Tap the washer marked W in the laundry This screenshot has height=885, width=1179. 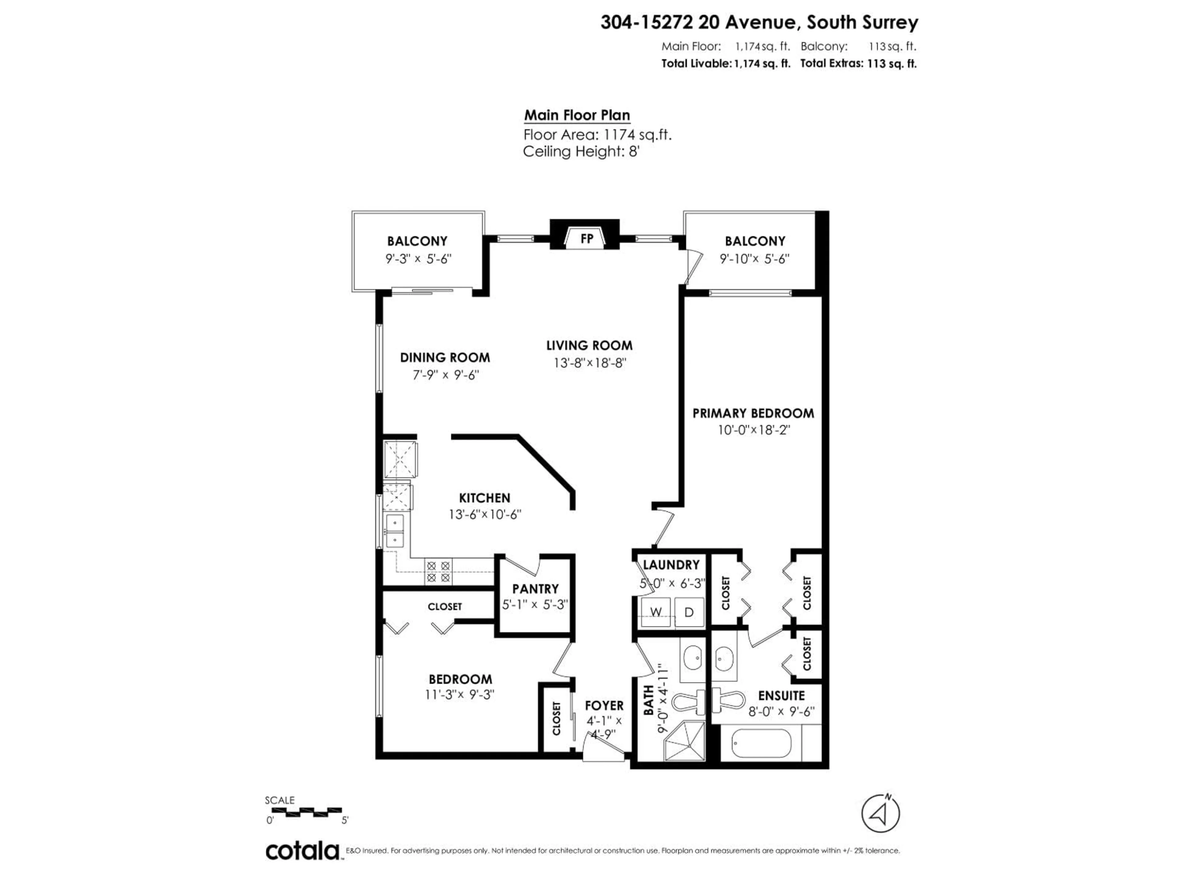pos(656,612)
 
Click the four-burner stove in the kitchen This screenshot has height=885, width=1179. pos(438,571)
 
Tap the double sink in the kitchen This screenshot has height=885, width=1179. pos(395,531)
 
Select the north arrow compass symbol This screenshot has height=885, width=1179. pos(881,813)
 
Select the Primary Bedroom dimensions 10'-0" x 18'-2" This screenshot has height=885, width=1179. pos(753,430)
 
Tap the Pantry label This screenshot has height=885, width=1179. pos(535,588)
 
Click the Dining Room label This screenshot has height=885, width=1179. pos(445,357)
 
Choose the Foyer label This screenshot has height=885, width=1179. pos(604,705)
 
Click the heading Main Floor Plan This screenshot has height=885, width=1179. pos(577,115)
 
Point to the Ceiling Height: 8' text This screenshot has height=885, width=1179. pos(581,151)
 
